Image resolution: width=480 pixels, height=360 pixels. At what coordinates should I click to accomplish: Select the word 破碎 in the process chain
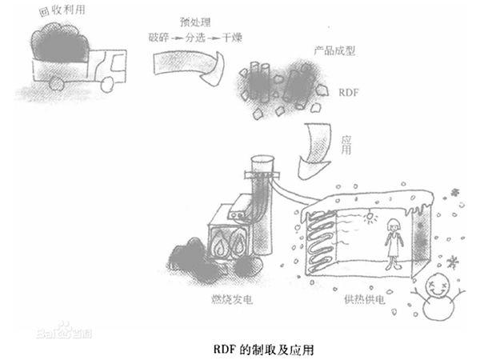160,37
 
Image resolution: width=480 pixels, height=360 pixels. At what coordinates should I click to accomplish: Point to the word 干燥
232,37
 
